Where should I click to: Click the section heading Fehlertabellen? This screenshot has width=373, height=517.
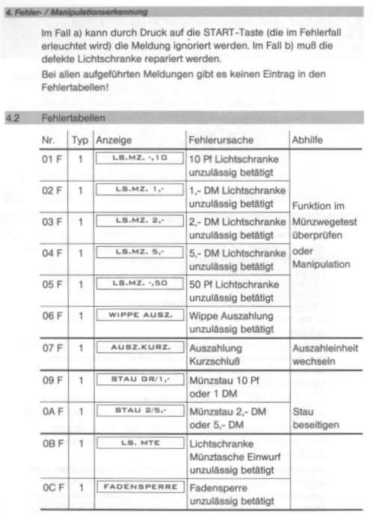[x=73, y=117]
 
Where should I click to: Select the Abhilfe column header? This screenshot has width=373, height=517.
[x=308, y=140]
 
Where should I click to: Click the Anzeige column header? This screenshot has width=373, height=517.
[x=114, y=140]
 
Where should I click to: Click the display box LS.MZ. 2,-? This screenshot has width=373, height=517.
[x=140, y=221]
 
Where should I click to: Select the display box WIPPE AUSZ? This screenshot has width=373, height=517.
[x=140, y=314]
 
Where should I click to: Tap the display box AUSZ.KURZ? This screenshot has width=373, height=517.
[x=140, y=347]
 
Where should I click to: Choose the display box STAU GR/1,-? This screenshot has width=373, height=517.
[x=140, y=379]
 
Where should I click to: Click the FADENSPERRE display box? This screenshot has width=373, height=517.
[x=140, y=487]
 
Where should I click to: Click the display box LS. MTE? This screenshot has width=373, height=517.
[x=140, y=444]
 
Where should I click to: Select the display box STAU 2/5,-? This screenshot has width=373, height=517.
[x=140, y=411]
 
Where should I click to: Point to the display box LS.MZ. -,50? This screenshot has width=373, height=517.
[x=140, y=283]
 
